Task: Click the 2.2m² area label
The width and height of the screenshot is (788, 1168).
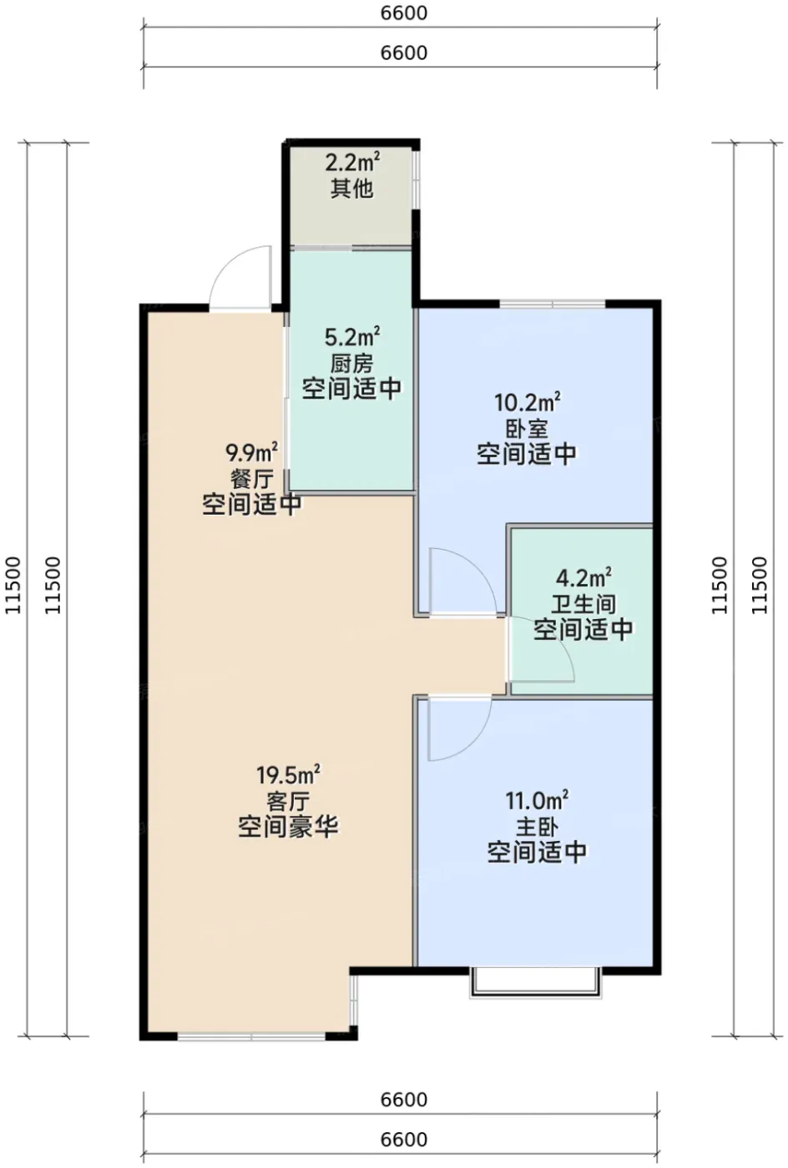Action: click(352, 163)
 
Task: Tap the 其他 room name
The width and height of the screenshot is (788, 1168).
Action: click(352, 189)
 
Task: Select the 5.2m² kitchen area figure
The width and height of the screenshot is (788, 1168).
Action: click(352, 337)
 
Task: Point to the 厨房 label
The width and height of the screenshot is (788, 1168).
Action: click(352, 364)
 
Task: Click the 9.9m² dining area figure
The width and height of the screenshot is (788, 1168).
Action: click(251, 452)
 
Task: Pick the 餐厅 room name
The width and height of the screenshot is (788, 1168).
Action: click(251, 479)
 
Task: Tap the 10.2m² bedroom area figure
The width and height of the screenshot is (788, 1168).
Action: click(527, 402)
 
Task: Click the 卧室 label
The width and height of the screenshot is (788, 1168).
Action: click(527, 429)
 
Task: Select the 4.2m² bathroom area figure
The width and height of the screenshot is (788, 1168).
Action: click(583, 577)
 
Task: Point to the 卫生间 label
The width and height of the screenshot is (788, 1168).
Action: click(583, 604)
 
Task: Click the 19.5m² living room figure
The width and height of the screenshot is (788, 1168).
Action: click(288, 774)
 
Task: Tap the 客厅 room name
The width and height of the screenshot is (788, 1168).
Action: click(288, 801)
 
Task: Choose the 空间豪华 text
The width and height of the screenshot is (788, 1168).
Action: click(288, 827)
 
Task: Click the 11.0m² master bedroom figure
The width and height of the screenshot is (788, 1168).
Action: click(537, 799)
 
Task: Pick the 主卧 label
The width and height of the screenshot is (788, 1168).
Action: click(537, 826)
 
